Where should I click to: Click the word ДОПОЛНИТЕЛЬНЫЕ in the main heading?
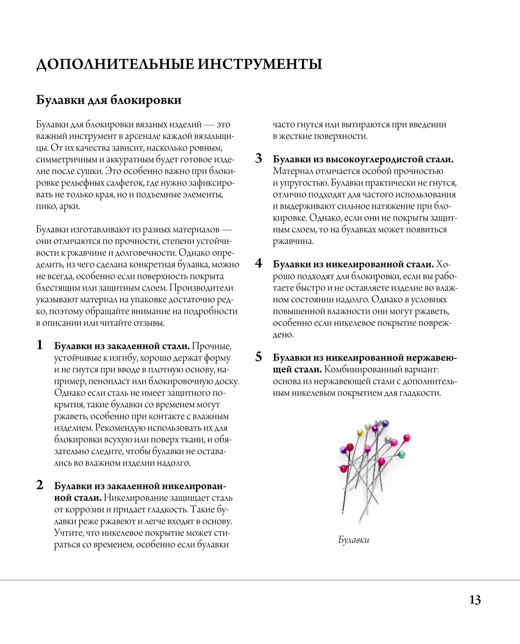(x=116, y=64)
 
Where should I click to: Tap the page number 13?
(x=475, y=600)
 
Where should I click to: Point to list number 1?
(x=40, y=345)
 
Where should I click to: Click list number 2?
(x=40, y=485)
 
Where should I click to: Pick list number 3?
(x=258, y=159)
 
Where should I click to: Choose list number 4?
(x=258, y=264)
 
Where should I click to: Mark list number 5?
(x=258, y=357)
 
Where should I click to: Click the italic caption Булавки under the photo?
(x=354, y=540)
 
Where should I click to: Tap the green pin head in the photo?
(x=401, y=455)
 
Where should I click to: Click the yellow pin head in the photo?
(x=359, y=432)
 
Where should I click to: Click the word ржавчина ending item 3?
(x=293, y=241)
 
